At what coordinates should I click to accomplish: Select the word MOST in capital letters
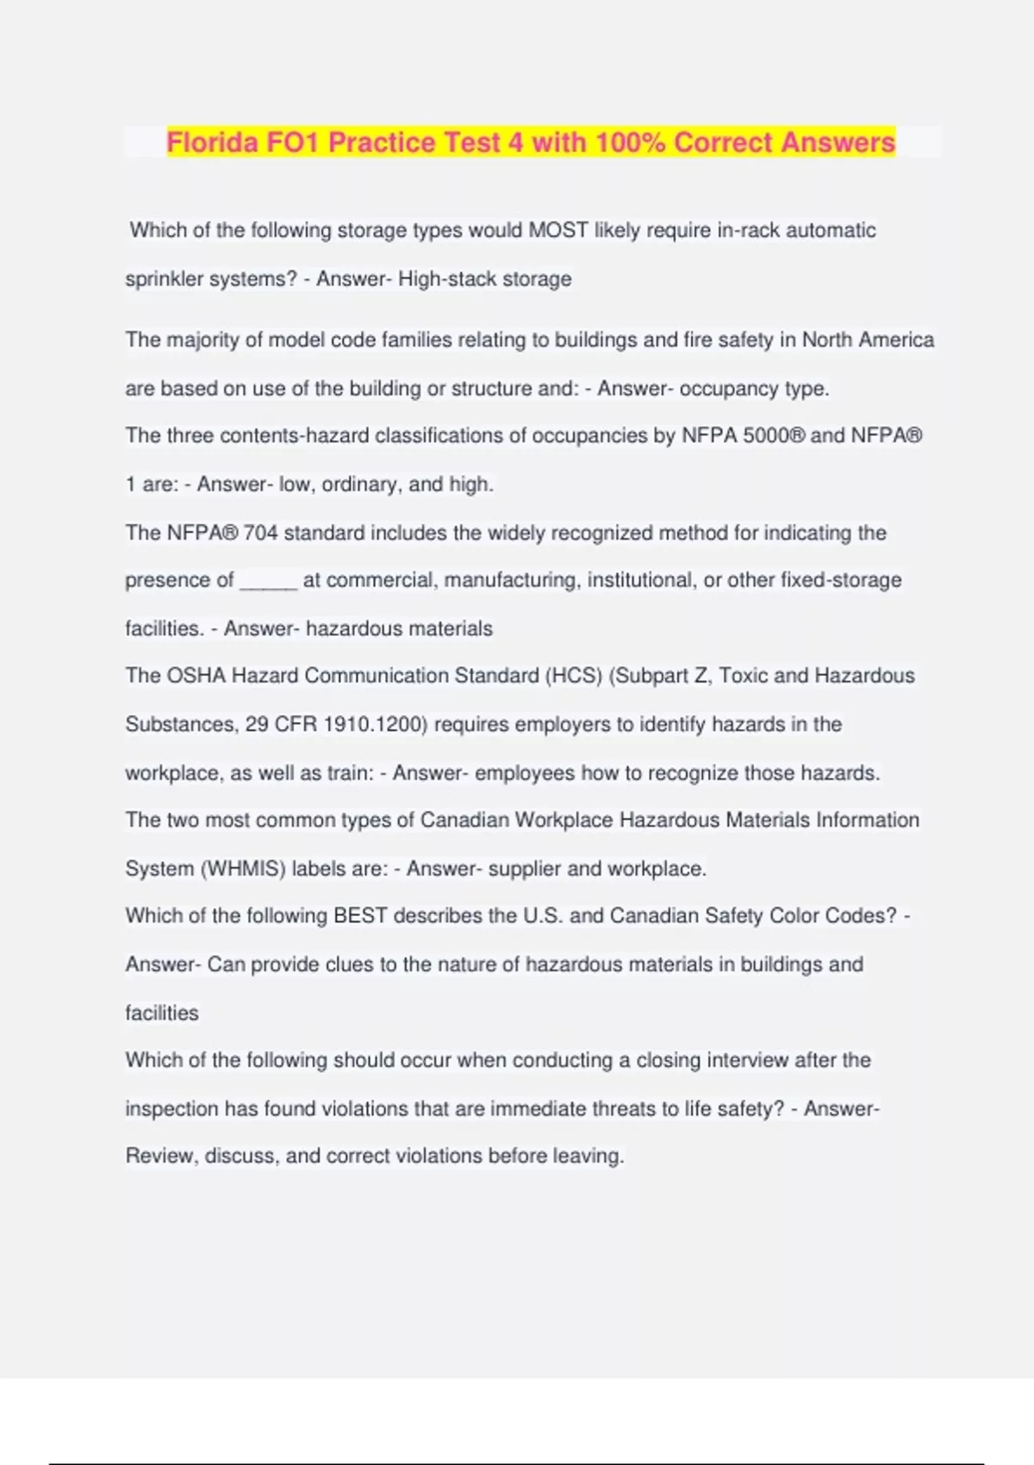pyautogui.click(x=558, y=231)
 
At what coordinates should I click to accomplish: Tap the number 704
pyautogui.click(x=260, y=533)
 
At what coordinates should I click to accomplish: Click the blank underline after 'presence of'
pyautogui.click(x=268, y=582)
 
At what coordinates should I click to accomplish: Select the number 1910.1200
pyautogui.click(x=375, y=725)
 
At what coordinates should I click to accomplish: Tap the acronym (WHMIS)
pyautogui.click(x=242, y=869)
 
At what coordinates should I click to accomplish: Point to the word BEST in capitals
pyautogui.click(x=360, y=916)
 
